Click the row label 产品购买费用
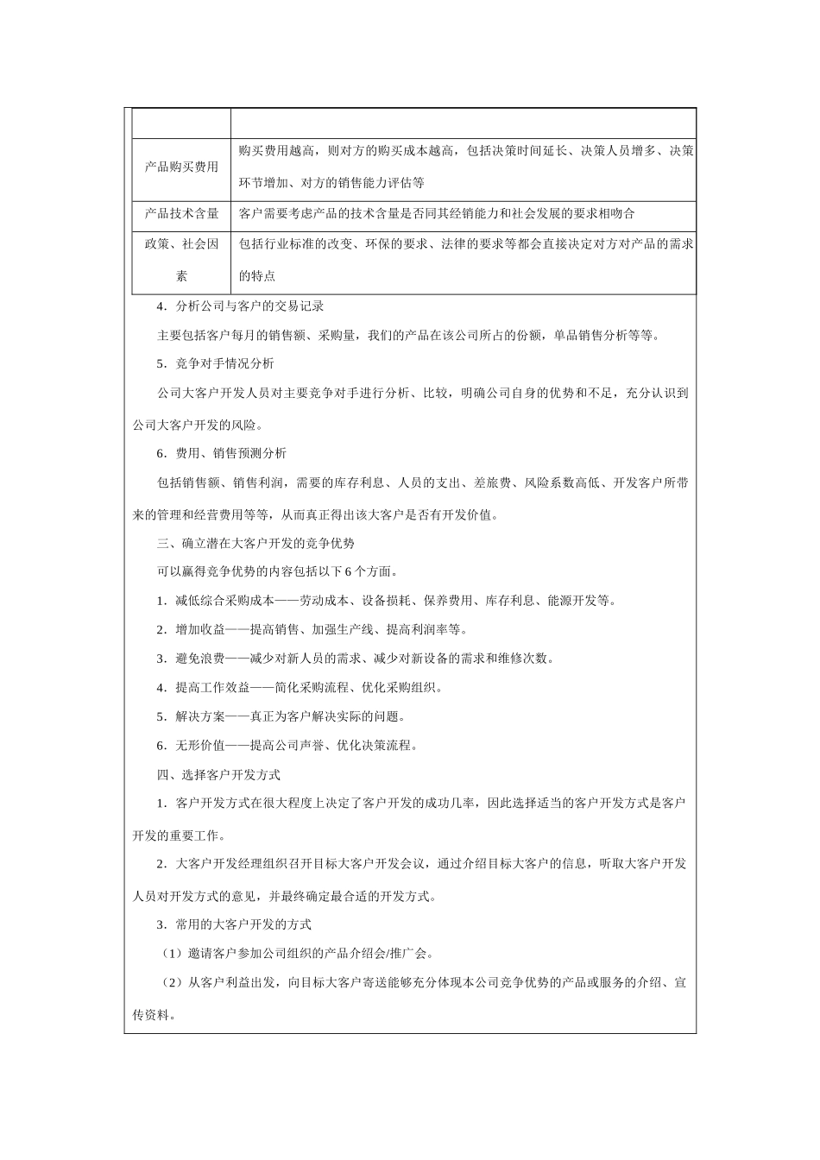click(x=181, y=167)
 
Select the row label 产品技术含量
click(x=181, y=214)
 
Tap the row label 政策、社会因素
click(x=181, y=261)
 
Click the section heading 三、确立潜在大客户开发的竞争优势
click(x=255, y=544)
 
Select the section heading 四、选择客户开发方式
click(x=218, y=775)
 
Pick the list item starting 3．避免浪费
click(x=355, y=659)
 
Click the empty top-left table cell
click(x=181, y=123)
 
